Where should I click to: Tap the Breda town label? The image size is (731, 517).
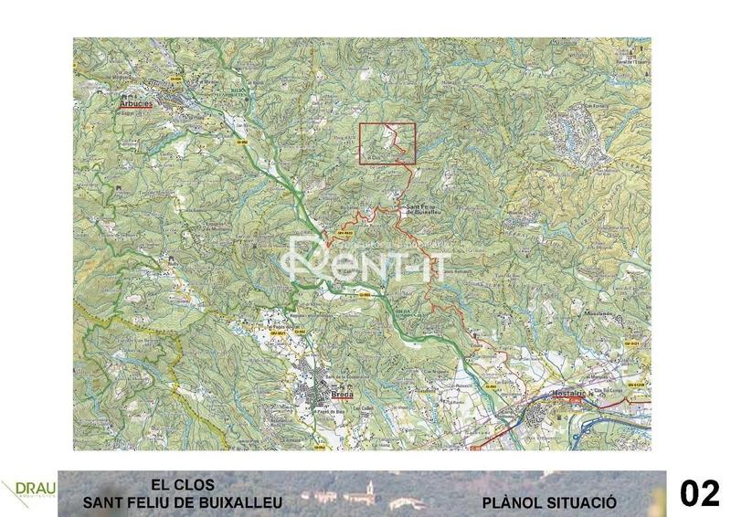pyautogui.click(x=342, y=396)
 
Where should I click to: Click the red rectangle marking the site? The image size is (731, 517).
pyautogui.click(x=387, y=143)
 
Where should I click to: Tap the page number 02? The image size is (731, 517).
pyautogui.click(x=700, y=493)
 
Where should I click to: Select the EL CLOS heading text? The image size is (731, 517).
pyautogui.click(x=183, y=485)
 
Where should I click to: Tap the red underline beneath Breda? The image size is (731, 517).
pyautogui.click(x=342, y=401)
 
